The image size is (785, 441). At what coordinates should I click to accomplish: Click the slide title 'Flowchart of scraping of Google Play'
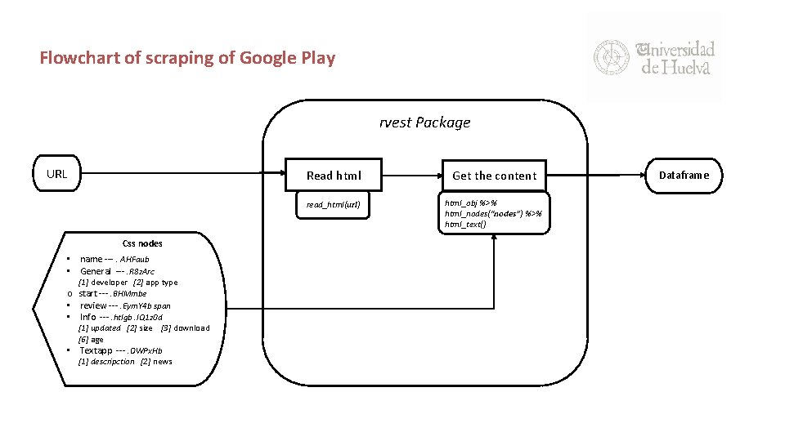point(187,58)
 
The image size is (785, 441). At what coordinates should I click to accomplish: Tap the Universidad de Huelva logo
point(653,58)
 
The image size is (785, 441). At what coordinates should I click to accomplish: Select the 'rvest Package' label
point(424,122)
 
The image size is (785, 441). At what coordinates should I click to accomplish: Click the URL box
point(57,174)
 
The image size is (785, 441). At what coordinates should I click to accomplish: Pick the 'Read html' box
point(333,175)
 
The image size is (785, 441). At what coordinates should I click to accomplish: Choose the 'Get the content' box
point(494,175)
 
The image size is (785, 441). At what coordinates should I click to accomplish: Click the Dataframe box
point(684,175)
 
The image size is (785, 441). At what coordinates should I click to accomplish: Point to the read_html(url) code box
point(333,204)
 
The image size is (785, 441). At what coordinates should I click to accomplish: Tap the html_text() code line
point(465,225)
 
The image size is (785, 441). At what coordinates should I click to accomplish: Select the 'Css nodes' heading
point(142,243)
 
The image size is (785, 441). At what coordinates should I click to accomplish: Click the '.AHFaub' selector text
point(134,260)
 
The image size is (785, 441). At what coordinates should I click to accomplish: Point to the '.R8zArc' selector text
point(141,271)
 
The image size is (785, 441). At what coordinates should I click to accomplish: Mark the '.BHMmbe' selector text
point(132,294)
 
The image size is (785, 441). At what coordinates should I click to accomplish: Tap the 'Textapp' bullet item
point(96,351)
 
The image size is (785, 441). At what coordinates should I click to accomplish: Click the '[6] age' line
point(91,340)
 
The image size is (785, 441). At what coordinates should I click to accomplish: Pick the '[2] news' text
point(156,362)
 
